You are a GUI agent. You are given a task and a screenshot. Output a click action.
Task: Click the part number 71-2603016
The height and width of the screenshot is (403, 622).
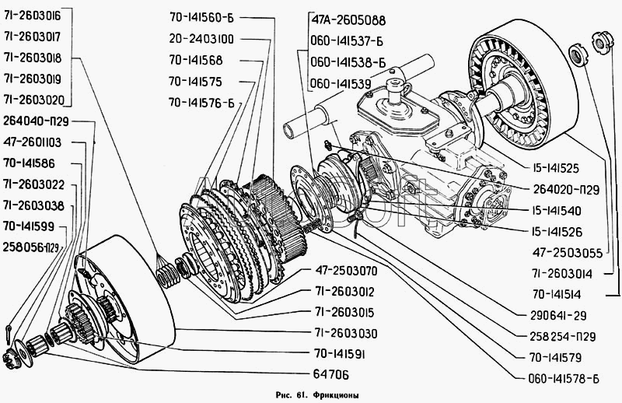pyautogui.click(x=33, y=16)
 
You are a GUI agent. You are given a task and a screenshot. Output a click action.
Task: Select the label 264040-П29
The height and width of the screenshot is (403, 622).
pyautogui.click(x=36, y=121)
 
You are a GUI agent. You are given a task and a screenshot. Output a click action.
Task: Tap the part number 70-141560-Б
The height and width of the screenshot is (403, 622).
pyautogui.click(x=202, y=18)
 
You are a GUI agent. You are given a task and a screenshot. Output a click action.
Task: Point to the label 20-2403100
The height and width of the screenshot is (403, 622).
pyautogui.click(x=201, y=39)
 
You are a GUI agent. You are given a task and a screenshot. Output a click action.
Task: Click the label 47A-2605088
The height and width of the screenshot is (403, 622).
pyautogui.click(x=348, y=20)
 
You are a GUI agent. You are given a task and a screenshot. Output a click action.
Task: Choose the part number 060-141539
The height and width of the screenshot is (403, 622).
pyautogui.click(x=341, y=84)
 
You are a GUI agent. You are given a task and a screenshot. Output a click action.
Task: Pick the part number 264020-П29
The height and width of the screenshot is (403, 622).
pyautogui.click(x=566, y=190)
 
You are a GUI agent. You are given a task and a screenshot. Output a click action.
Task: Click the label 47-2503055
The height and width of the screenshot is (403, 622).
pyautogui.click(x=568, y=253)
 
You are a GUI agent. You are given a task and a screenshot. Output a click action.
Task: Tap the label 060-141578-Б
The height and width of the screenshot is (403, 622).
pyautogui.click(x=564, y=379)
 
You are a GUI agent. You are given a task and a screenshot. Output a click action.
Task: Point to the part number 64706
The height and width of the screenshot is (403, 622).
pyautogui.click(x=331, y=374)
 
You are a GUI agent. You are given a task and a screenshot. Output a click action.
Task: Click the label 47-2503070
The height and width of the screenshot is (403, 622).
pyautogui.click(x=346, y=272)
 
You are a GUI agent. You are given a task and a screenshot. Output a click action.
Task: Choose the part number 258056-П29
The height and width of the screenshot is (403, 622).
pyautogui.click(x=30, y=247)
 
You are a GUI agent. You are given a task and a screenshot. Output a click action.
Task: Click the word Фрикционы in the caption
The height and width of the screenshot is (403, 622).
pyautogui.click(x=336, y=395)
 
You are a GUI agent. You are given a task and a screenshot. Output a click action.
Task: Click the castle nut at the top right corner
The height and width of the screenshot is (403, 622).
pyautogui.click(x=602, y=43)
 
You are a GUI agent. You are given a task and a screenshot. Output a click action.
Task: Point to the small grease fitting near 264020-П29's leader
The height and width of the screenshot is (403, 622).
pyautogui.click(x=327, y=145)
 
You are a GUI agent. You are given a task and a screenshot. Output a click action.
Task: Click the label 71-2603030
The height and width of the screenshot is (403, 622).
pyautogui.click(x=346, y=333)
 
